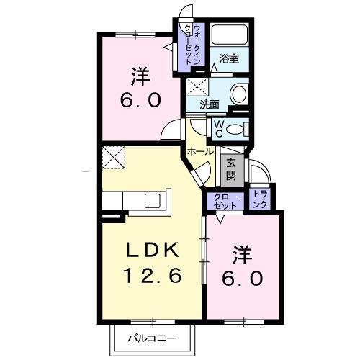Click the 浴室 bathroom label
tap(230, 59)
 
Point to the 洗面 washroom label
tap(210, 104)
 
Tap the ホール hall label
tap(199, 151)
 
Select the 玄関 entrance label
tap(230, 169)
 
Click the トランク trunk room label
tap(261, 199)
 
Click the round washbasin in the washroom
tap(238, 94)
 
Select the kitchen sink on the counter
tap(155, 199)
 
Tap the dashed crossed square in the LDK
tap(114, 157)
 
